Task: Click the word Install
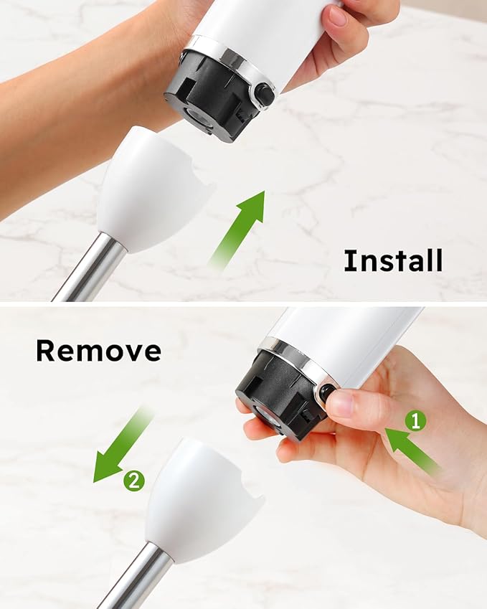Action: (x=393, y=260)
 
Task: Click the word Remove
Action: (x=98, y=351)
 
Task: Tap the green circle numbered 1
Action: (x=415, y=421)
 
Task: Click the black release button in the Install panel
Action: (x=265, y=94)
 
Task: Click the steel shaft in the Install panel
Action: (x=90, y=269)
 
